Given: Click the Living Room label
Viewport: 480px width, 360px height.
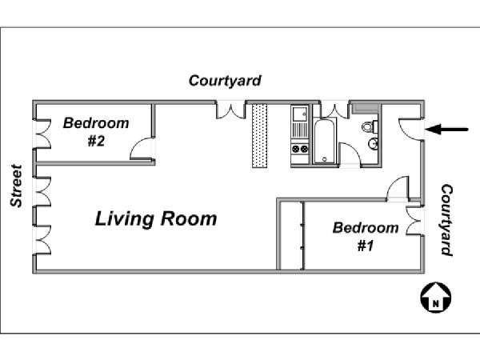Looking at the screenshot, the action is tap(156, 219).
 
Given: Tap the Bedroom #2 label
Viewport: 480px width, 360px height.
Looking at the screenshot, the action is tap(96, 132).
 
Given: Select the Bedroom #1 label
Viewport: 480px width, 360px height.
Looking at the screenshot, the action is tap(366, 236).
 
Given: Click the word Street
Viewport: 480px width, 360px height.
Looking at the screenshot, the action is tap(16, 186).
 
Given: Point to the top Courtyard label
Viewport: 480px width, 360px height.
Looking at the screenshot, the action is tap(225, 81).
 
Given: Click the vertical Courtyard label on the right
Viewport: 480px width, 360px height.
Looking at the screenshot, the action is tap(446, 220).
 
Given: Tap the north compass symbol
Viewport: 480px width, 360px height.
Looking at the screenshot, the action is tap(436, 298).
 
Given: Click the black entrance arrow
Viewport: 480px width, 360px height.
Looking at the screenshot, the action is tap(447, 129).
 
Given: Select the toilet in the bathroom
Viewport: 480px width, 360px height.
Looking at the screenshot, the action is tap(369, 126).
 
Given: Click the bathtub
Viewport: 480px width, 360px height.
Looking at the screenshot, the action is tap(324, 142).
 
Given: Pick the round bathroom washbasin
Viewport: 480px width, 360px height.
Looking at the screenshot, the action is tap(373, 143).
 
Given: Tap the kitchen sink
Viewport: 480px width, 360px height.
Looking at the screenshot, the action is tap(300, 114).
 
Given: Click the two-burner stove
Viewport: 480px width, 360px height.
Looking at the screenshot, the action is tap(300, 149).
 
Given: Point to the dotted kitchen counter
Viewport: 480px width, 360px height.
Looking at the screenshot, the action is tap(259, 136).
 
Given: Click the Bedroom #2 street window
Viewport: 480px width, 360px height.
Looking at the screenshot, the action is tap(42, 134).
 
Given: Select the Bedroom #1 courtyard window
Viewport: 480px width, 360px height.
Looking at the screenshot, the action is tap(414, 221).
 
